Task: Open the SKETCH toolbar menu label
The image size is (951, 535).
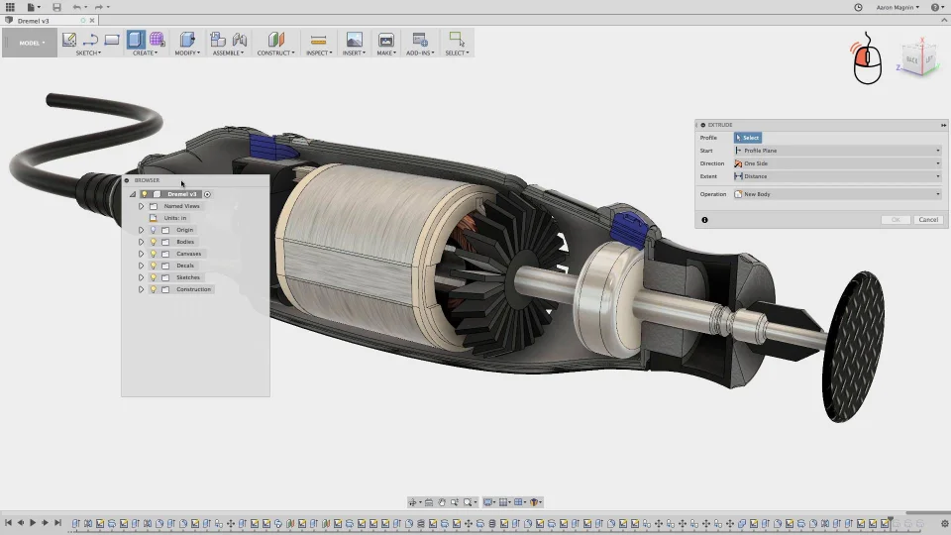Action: tap(88, 53)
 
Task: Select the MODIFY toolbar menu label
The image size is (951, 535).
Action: tap(186, 53)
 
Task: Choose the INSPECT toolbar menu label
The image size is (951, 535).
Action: tap(318, 53)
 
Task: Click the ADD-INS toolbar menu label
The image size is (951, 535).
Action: tap(419, 53)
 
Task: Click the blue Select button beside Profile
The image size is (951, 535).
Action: tap(748, 138)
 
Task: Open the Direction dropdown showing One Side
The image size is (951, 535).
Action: tap(837, 163)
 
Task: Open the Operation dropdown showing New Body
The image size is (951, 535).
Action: tap(837, 194)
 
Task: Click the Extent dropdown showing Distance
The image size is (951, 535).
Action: tap(837, 176)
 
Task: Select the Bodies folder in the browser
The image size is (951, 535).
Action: tap(185, 242)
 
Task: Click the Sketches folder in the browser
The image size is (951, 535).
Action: tap(188, 277)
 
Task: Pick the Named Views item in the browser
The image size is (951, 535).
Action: tap(182, 206)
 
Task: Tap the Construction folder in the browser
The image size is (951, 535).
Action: tap(193, 289)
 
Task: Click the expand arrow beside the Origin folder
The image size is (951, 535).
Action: tap(141, 230)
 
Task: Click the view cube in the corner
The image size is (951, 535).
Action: tap(917, 59)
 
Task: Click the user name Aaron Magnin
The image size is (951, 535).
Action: tap(897, 7)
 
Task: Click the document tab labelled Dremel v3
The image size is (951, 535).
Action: tap(34, 20)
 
